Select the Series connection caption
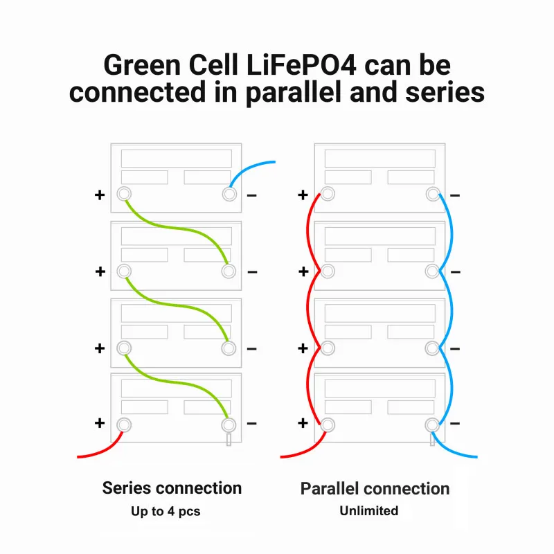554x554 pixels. tap(172, 488)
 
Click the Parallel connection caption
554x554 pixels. tap(375, 489)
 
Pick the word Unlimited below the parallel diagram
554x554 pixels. tap(368, 511)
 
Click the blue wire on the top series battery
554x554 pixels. tap(249, 168)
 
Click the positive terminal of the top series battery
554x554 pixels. tap(124, 195)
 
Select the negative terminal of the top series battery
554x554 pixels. tap(229, 195)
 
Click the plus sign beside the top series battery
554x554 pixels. tap(100, 195)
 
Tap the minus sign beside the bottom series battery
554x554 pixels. tap(252, 423)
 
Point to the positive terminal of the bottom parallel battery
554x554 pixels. tap(328, 424)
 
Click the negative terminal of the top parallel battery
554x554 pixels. tap(432, 195)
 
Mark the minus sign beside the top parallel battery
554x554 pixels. tap(455, 195)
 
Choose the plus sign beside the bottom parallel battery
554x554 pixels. tap(303, 423)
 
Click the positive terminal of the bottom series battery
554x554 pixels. tap(124, 424)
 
